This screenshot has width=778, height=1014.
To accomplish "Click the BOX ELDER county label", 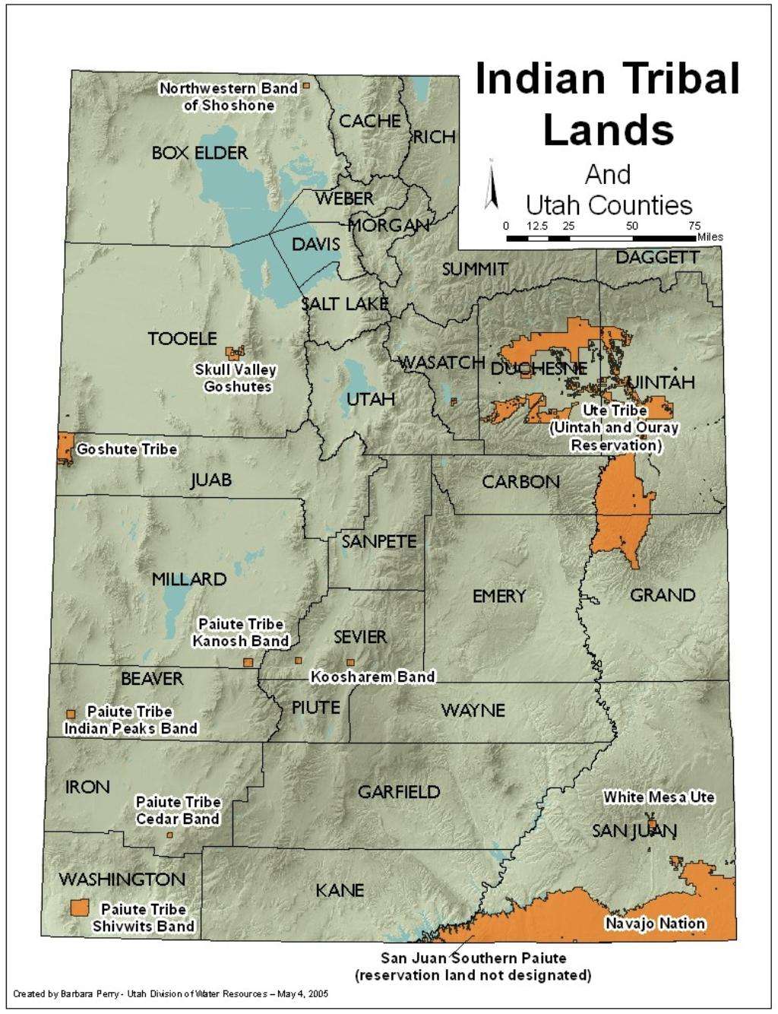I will pos(199,153).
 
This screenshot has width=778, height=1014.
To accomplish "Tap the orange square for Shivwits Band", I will pos(79,908).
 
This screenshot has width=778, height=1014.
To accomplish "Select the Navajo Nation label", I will pos(655,924).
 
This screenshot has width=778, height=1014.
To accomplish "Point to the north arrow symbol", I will pos(491,185).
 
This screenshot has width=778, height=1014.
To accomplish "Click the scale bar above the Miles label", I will pos(601,238).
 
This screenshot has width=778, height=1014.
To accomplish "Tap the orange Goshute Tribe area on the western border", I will pos(65,448).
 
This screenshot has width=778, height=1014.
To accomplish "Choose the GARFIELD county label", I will pos(399,791).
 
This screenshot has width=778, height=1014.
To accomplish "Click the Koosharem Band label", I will pos(372,677).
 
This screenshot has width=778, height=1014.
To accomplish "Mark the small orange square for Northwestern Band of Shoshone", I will pos(306,86).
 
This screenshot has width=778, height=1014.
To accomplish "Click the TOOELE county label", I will pos(182,338).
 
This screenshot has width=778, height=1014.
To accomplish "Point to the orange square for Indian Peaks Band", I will pos(71,713).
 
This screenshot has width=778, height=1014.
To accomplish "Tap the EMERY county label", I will pos(499,595).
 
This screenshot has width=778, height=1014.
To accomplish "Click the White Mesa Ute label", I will pos(659,797).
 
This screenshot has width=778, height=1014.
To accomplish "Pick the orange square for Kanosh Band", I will pos(248,662).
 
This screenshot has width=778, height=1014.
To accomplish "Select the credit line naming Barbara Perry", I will pos(171,993).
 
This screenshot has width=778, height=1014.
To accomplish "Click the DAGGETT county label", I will pos(657,258).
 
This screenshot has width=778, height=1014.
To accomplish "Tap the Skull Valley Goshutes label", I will pos(236,378).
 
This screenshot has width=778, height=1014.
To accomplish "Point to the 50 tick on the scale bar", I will pos(632,227).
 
